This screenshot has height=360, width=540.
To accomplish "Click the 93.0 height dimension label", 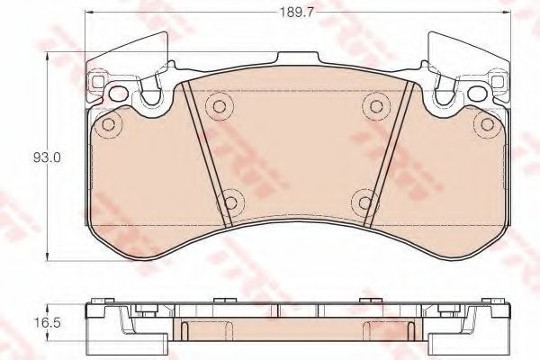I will (47, 157).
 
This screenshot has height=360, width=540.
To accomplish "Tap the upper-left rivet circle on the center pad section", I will (216, 108).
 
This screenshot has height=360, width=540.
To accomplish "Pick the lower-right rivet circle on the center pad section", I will (362, 202).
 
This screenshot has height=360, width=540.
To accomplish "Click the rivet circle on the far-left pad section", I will (108, 123).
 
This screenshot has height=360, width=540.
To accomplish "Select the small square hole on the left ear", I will (95, 85).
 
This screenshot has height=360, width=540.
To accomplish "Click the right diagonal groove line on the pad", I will (387, 153).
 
